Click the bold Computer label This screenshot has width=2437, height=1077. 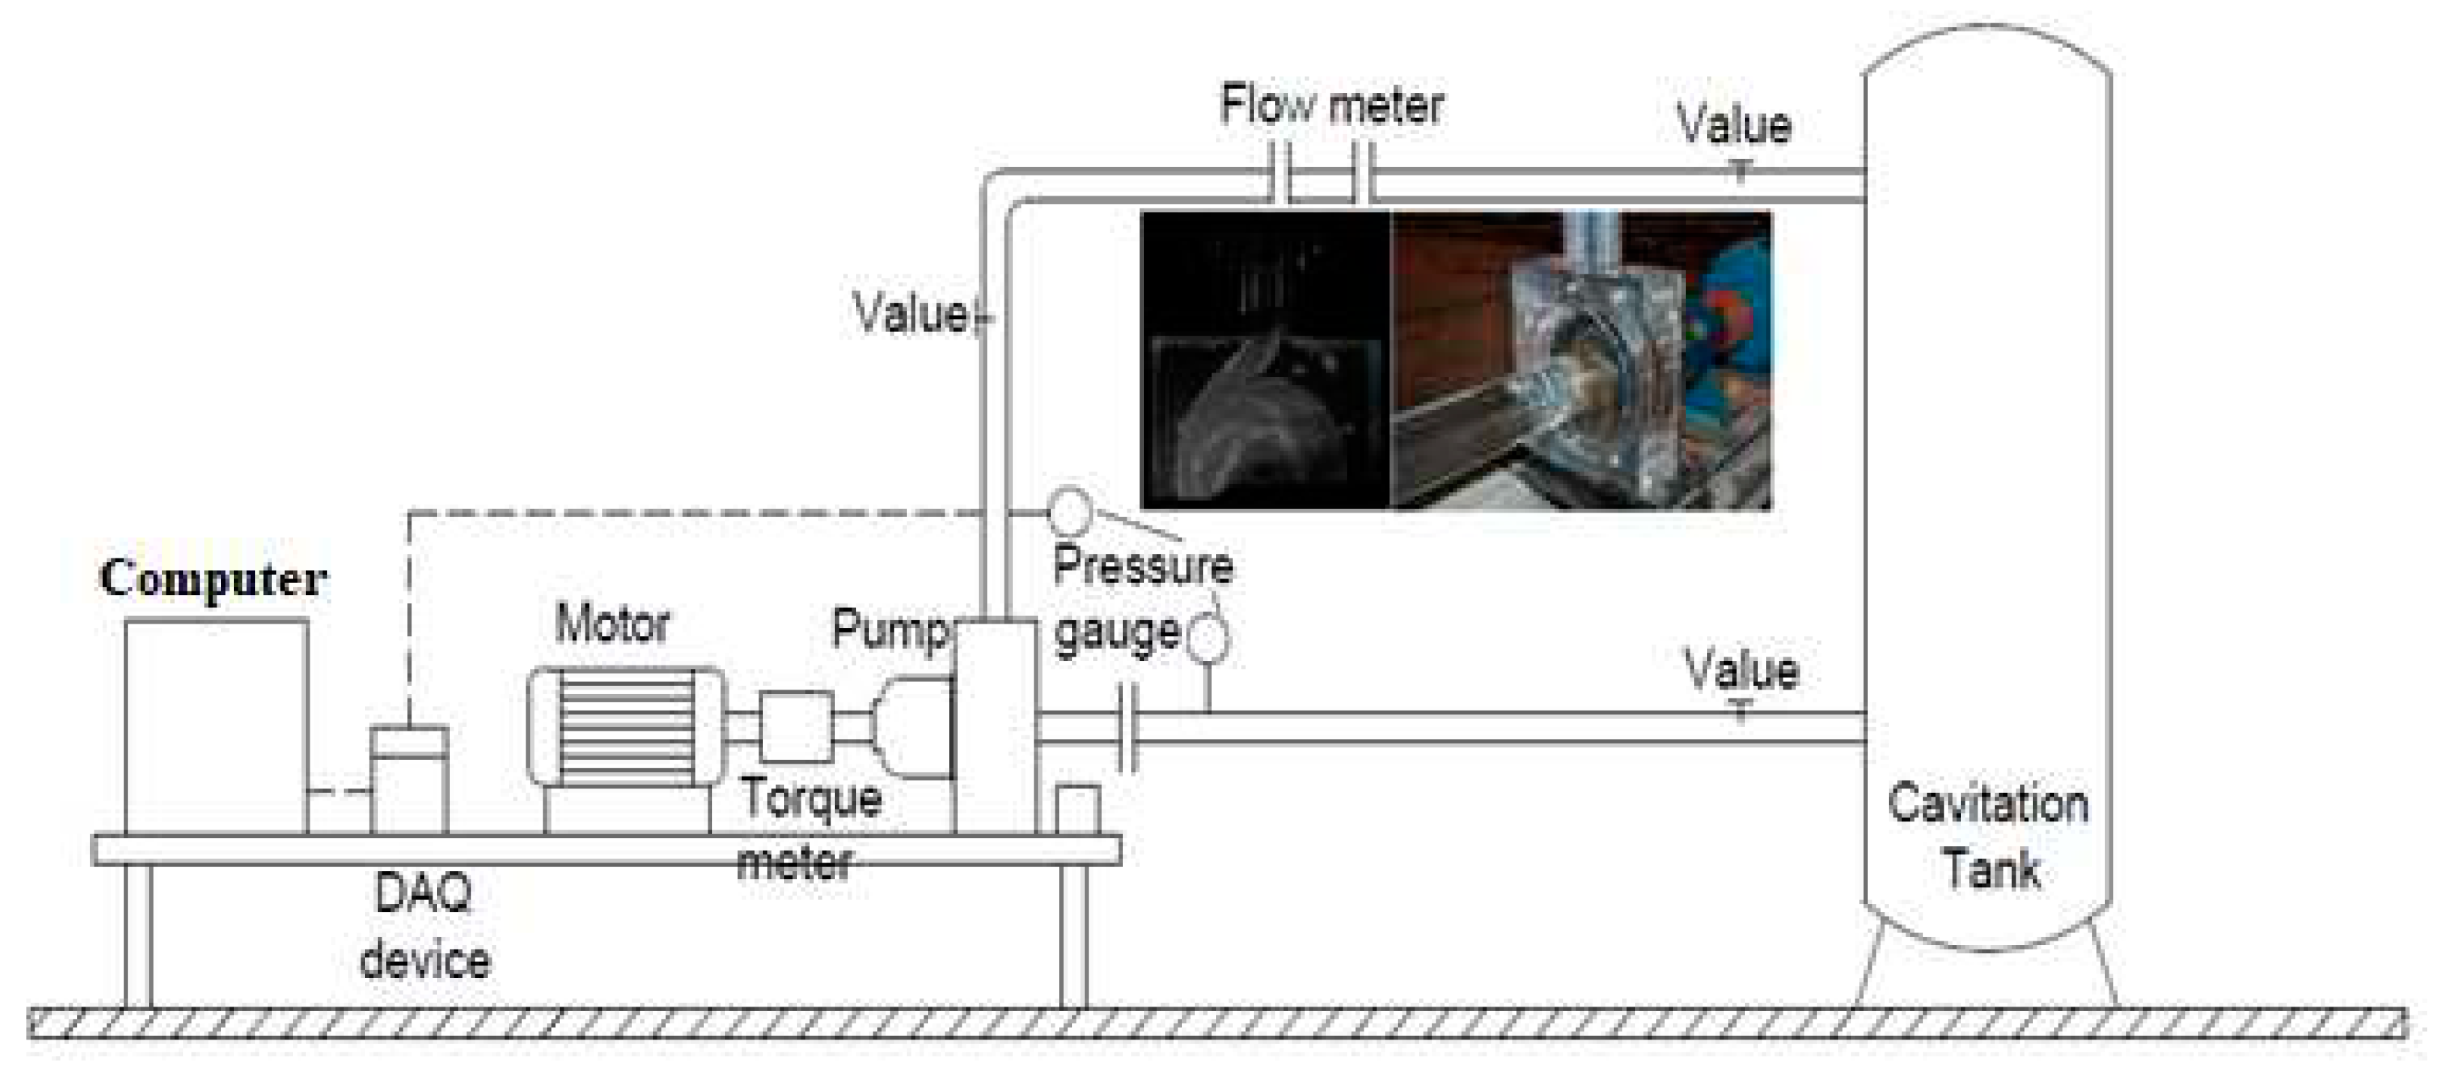pyautogui.click(x=213, y=579)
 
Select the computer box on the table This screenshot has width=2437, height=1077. pyautogui.click(x=217, y=726)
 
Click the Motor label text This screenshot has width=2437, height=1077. pyautogui.click(x=612, y=624)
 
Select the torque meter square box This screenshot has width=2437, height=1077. pyautogui.click(x=797, y=726)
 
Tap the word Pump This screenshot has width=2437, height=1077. pyautogui.click(x=889, y=628)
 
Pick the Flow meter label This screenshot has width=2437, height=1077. pyautogui.click(x=1331, y=104)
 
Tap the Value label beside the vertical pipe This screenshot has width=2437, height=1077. pyautogui.click(x=910, y=312)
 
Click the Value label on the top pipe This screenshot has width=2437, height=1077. pyautogui.click(x=1733, y=125)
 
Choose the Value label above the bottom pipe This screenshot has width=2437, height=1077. pyautogui.click(x=1741, y=669)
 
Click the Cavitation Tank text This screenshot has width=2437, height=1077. pyautogui.click(x=1989, y=836)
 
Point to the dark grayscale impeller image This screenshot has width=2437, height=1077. pyautogui.click(x=1265, y=359)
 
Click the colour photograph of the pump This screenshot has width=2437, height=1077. pyautogui.click(x=1580, y=359)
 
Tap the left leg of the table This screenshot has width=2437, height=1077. pyautogui.click(x=138, y=936)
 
